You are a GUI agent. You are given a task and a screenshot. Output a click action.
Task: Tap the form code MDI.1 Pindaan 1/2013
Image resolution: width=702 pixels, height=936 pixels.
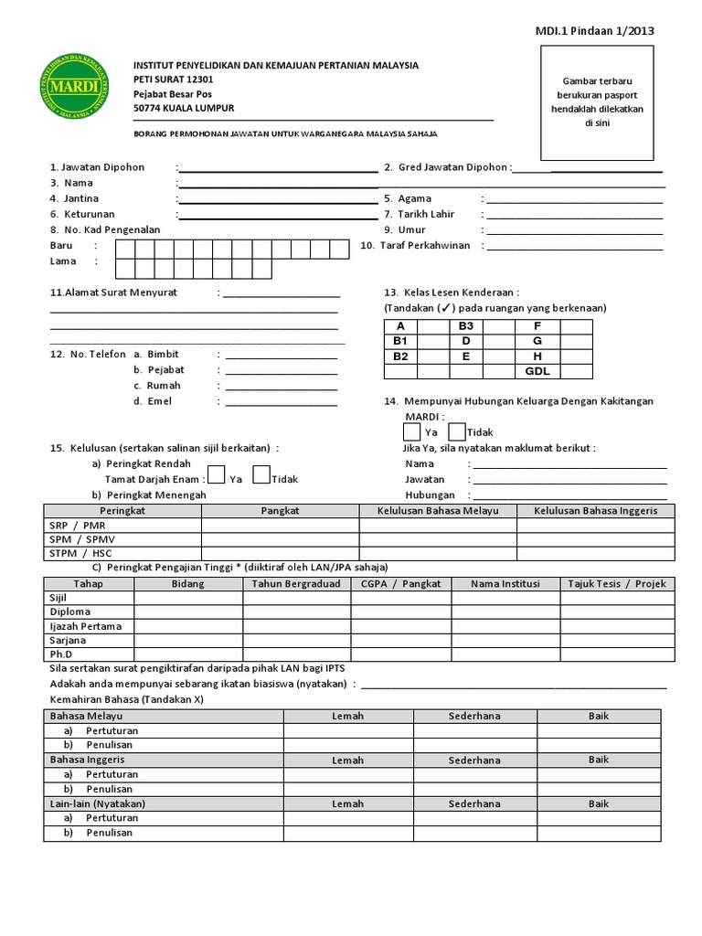tap(594, 31)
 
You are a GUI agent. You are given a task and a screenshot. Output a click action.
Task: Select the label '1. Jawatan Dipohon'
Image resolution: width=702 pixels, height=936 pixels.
tap(97, 167)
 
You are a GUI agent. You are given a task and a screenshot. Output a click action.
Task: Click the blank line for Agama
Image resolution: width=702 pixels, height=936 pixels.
tap(574, 198)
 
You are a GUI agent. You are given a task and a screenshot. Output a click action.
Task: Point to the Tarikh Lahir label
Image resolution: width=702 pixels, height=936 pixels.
tap(426, 214)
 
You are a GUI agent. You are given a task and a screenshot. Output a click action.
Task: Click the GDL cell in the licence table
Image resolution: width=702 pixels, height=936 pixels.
tap(537, 372)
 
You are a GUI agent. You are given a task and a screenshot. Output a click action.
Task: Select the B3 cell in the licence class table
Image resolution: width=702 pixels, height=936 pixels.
tap(465, 326)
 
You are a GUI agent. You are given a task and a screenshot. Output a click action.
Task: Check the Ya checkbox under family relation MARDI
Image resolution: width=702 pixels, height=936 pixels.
tap(412, 431)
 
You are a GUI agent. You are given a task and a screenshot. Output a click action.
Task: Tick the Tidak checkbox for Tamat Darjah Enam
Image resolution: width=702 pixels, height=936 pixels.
tap(261, 474)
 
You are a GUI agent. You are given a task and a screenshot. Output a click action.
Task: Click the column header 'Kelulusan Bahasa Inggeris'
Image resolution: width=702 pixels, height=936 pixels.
tap(595, 510)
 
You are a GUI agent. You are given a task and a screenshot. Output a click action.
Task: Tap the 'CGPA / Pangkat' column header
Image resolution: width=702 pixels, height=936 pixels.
tap(400, 583)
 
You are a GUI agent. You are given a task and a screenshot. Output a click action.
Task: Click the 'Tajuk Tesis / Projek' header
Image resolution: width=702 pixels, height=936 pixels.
tap(617, 583)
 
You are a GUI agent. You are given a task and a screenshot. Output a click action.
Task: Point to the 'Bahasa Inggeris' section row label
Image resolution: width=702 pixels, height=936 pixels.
tap(88, 760)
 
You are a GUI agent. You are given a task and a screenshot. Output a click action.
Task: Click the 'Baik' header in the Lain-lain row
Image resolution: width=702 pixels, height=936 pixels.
tap(599, 803)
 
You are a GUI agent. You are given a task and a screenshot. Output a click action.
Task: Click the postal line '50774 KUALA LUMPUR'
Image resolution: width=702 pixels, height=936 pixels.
tap(184, 108)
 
